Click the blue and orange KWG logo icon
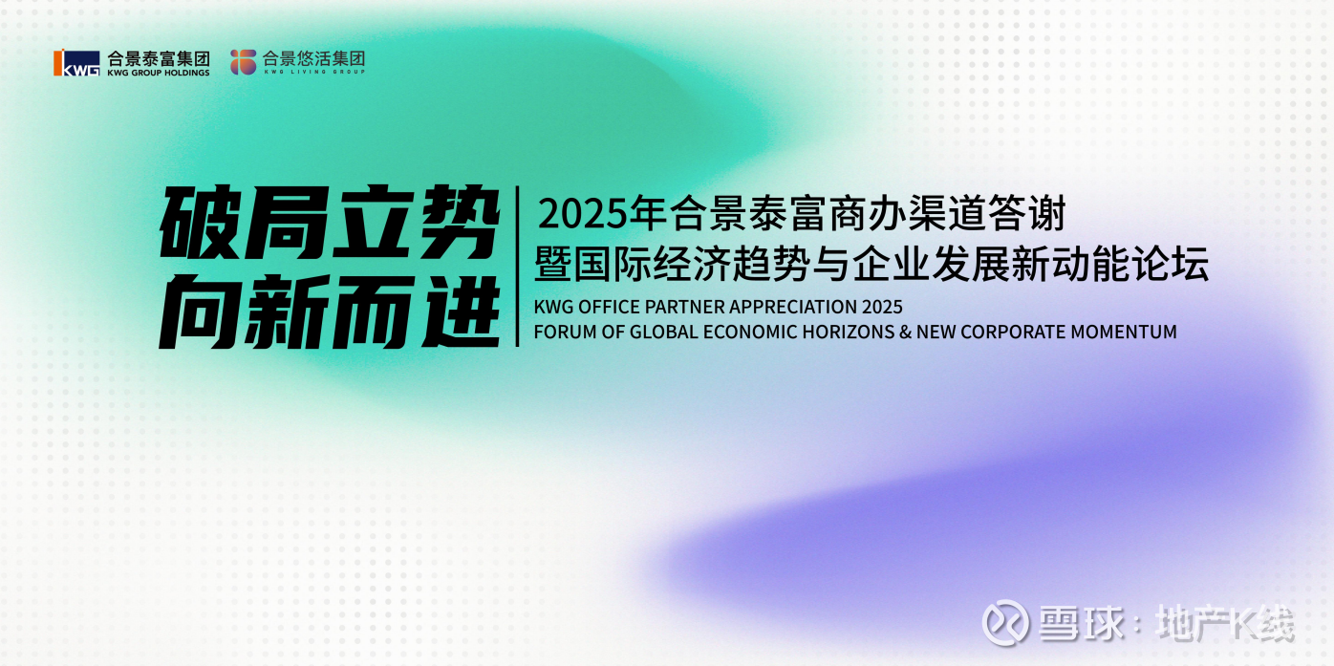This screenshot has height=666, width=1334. coord(76,62)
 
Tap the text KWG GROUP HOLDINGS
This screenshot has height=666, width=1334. coord(159,73)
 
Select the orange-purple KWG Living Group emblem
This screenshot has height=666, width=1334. coord(243,62)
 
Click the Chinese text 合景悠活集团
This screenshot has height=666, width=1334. coord(313,57)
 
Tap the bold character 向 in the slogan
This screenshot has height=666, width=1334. coord(200,311)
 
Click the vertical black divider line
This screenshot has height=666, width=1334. coord(518,266)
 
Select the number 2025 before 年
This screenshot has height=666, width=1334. coord(584,214)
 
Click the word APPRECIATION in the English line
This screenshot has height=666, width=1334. coord(792,306)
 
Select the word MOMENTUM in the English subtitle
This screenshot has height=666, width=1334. coord(1124,332)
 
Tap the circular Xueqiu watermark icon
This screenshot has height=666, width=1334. coord(1005,623)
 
